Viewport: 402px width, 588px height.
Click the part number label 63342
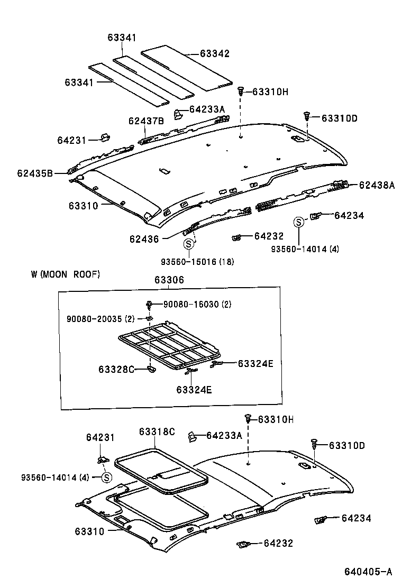point(215,53)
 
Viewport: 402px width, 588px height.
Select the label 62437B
point(145,121)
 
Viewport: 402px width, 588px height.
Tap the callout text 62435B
point(34,173)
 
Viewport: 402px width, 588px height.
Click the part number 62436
point(144,239)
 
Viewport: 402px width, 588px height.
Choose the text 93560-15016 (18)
point(198,262)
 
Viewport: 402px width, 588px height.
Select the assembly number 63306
point(169,280)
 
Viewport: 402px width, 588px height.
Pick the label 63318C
point(157,431)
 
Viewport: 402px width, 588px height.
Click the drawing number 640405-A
point(368,572)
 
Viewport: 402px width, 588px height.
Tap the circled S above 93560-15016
point(188,244)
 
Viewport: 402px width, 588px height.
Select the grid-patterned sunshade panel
point(167,346)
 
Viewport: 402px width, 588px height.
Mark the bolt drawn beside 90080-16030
point(150,305)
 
